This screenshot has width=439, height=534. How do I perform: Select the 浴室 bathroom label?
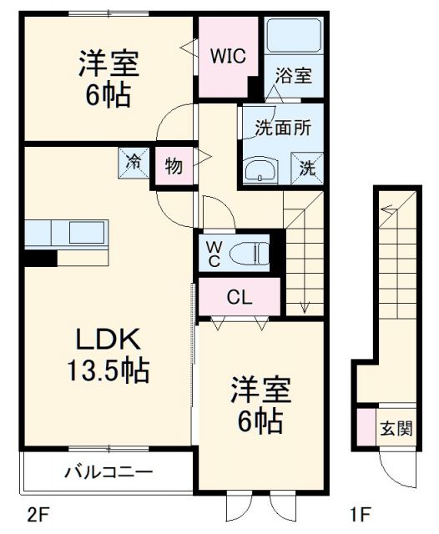click(294, 76)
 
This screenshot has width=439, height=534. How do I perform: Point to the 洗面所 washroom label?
click(282, 128)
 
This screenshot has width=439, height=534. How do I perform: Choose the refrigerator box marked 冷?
click(133, 162)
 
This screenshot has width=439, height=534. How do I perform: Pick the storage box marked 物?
click(174, 165)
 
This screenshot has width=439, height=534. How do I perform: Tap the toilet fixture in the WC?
click(250, 250)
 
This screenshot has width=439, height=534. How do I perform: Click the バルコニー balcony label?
click(108, 472)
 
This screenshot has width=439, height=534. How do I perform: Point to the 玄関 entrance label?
click(396, 430)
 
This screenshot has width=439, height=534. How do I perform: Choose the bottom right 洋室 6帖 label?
click(260, 405)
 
